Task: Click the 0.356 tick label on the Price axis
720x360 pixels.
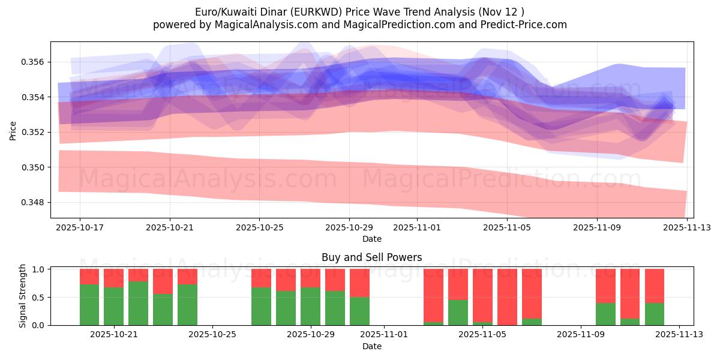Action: tap(32, 62)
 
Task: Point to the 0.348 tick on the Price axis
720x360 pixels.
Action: tap(32, 202)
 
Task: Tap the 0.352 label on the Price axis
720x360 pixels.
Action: tap(32, 132)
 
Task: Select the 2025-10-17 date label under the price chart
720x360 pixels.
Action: tap(80, 228)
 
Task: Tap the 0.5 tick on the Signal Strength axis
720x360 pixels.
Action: tap(38, 298)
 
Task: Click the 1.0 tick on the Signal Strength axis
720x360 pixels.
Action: tap(38, 269)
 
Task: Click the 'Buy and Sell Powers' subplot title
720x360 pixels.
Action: tap(371, 257)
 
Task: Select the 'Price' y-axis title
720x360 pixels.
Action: tap(13, 130)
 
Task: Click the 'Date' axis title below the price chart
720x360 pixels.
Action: tap(371, 239)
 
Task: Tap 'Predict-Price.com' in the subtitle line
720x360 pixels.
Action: tap(524, 25)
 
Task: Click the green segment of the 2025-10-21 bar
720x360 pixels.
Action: tap(114, 306)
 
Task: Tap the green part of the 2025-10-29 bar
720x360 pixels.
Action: tap(310, 306)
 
